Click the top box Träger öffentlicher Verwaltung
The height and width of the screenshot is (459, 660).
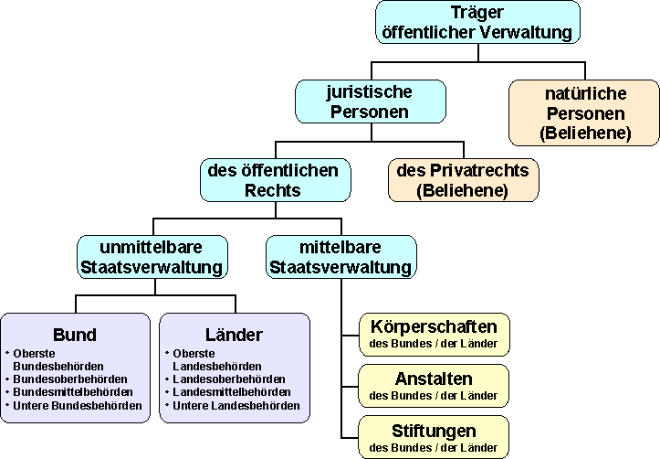(x=477, y=23)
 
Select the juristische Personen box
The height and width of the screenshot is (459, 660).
(x=370, y=101)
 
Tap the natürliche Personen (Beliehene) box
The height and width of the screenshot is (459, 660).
(x=584, y=113)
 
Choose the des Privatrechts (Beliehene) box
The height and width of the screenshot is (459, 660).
(x=463, y=180)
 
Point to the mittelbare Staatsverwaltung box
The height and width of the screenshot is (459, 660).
(x=340, y=257)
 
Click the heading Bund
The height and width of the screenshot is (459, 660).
(x=75, y=334)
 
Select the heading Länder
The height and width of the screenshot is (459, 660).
(x=235, y=334)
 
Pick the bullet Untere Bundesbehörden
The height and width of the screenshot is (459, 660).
(x=78, y=405)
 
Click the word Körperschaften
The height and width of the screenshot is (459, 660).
(x=434, y=326)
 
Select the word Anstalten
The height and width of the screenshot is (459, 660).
(x=434, y=379)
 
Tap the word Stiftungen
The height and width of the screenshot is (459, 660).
(x=434, y=431)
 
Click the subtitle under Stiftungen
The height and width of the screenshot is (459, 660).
(x=434, y=448)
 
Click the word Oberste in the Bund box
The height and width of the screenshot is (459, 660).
(x=34, y=352)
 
